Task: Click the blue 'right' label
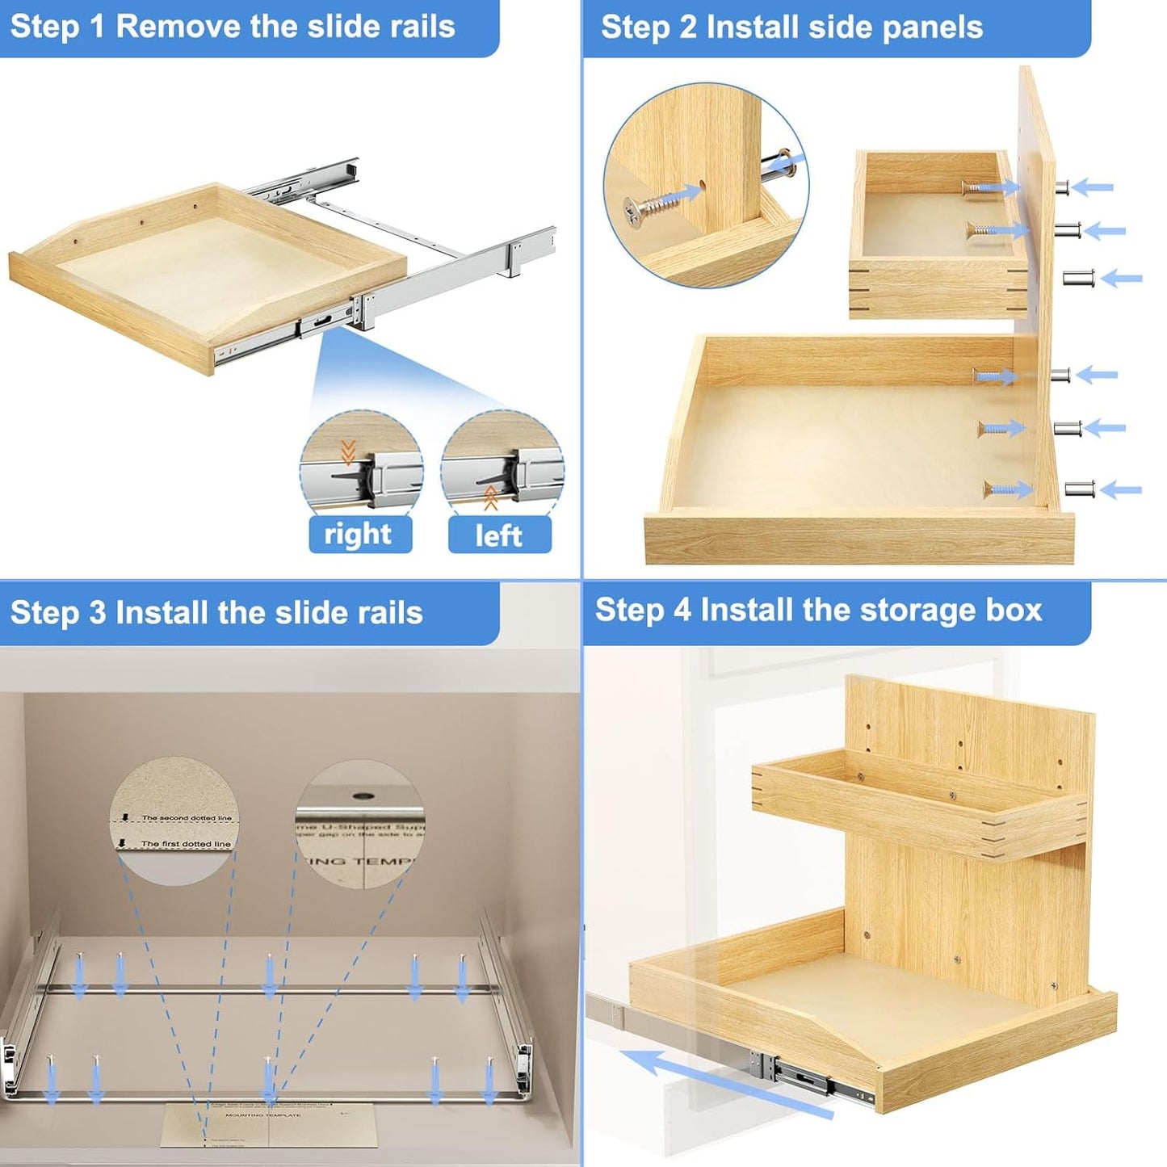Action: point(359,535)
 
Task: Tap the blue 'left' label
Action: point(499,535)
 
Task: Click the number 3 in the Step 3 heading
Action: point(99,613)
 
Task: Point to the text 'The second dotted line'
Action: point(186,818)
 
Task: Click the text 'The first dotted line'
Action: point(185,844)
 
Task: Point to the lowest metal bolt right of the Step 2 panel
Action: point(1080,489)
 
